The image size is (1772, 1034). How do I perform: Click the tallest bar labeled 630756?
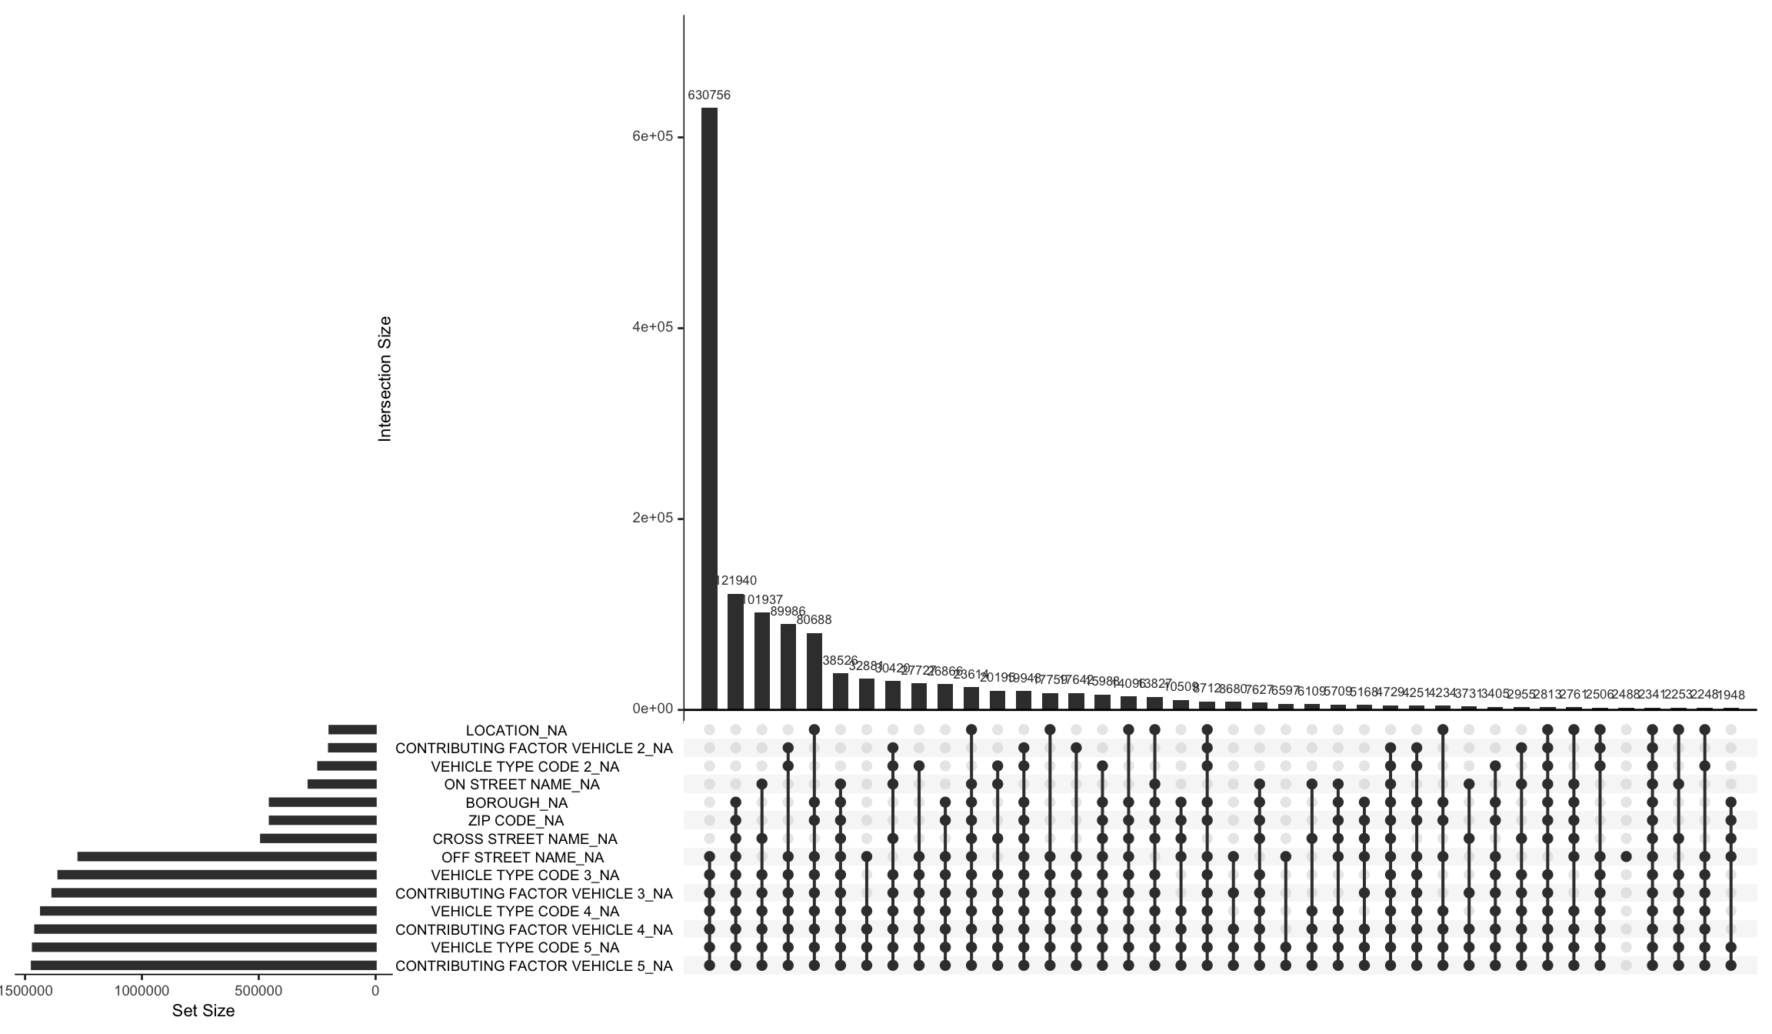[708, 408]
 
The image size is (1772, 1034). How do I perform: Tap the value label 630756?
[708, 95]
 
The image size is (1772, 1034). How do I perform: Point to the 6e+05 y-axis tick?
[652, 136]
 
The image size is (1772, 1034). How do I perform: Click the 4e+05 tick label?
[652, 327]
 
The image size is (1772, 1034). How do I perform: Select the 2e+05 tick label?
[652, 518]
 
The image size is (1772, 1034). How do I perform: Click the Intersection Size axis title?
[385, 379]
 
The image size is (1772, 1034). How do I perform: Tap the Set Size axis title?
[203, 1010]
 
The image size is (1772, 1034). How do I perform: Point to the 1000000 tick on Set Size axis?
[142, 991]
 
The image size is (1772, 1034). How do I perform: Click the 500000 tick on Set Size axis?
[258, 991]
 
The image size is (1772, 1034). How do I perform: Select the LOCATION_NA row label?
[516, 730]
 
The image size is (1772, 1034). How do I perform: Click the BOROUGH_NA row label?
[516, 802]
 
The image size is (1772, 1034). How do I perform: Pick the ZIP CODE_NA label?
[515, 820]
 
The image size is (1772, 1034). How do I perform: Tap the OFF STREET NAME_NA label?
[522, 857]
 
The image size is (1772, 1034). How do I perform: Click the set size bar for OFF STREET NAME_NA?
[227, 856]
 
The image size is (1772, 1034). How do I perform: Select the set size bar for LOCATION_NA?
[352, 730]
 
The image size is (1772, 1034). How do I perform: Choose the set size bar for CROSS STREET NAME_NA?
[318, 839]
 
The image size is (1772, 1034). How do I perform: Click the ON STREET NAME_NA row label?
[521, 785]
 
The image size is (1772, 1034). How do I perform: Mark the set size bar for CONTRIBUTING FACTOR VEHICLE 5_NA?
[204, 966]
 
